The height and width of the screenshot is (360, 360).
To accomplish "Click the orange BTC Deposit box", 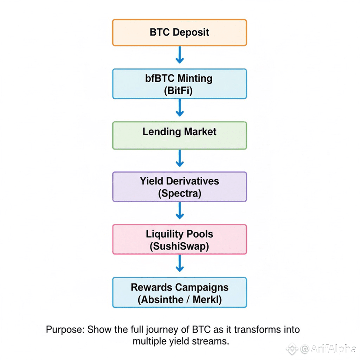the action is tap(180, 33).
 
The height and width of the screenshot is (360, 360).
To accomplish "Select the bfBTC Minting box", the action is tap(180, 84).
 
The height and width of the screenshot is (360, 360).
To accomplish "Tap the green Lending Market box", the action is tap(180, 136).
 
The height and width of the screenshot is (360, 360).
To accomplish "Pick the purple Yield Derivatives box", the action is tap(180, 187).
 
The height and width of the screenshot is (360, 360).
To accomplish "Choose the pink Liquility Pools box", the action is tap(180, 240).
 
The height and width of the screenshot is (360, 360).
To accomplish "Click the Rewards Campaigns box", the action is tap(180, 293).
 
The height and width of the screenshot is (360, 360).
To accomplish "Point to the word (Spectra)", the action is tap(180, 193).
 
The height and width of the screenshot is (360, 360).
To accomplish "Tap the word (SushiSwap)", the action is tap(180, 246).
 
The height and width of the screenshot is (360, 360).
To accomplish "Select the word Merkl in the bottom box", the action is tap(207, 299).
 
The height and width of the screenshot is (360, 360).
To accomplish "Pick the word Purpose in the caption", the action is tap(64, 330).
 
